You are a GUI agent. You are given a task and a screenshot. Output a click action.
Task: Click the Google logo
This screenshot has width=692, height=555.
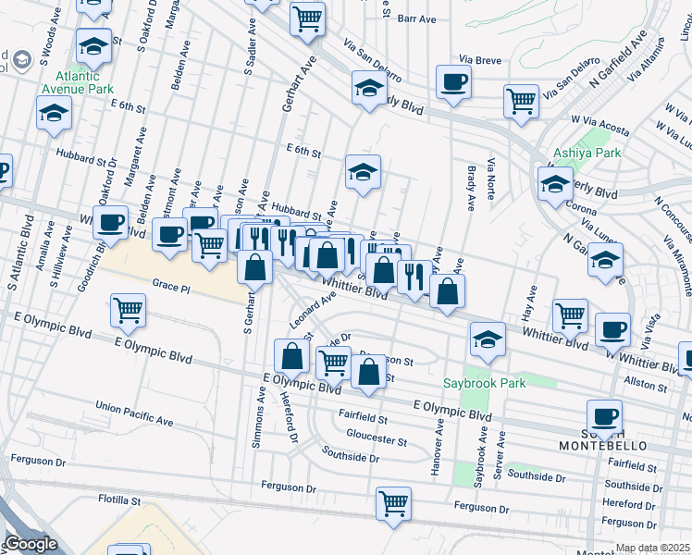[30, 544]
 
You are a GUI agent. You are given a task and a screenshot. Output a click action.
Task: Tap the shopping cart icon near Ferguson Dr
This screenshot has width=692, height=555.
[393, 504]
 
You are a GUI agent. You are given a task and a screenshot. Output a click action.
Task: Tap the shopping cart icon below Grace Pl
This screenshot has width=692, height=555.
[128, 311]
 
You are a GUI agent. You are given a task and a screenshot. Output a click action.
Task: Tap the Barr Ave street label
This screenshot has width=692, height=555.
[416, 18]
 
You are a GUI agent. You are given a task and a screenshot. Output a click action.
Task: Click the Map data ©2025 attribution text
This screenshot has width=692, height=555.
[653, 548]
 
